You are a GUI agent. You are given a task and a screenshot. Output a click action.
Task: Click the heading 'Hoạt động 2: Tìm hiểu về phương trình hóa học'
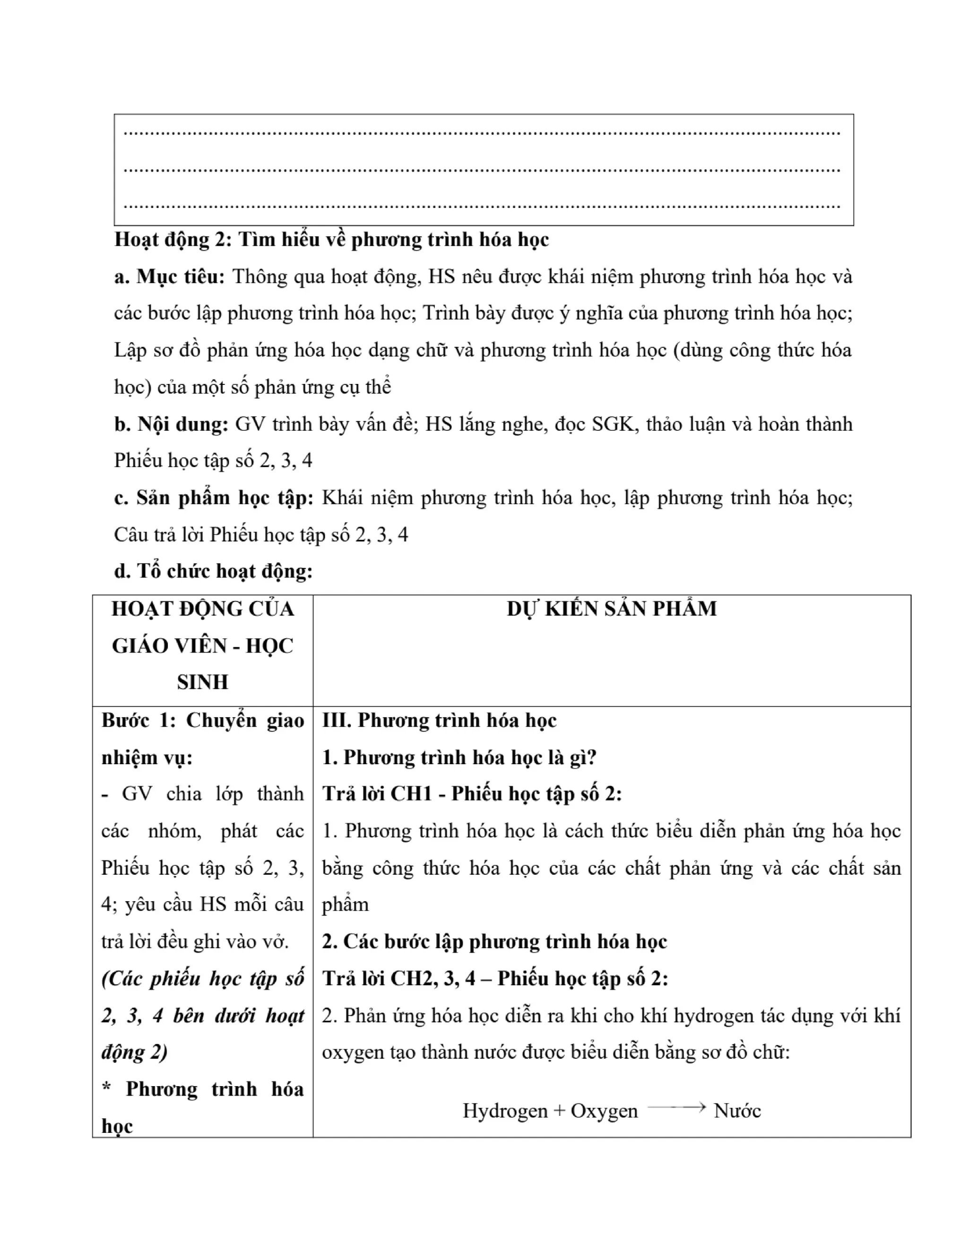coord(331,240)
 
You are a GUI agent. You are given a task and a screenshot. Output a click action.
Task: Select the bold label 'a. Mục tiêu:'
coord(170,277)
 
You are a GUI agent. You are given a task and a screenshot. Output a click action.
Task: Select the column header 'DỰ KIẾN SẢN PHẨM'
coord(611,609)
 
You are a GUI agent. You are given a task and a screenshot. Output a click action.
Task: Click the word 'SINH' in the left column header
coord(202,682)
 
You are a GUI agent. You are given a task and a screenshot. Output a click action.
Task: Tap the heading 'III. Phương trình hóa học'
coord(439,721)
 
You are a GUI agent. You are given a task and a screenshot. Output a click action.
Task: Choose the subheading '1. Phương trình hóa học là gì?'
coord(459,757)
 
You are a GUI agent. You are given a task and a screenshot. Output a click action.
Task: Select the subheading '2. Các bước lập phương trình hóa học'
coord(494,941)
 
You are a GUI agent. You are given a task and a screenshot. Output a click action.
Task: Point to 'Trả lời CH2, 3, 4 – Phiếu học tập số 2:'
coord(495,978)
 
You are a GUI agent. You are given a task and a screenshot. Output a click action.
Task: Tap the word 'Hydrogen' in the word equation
coord(505,1111)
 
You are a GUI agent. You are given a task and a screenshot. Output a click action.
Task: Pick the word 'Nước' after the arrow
coord(737,1111)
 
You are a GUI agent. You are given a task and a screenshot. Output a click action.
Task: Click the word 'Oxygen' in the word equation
coord(604,1111)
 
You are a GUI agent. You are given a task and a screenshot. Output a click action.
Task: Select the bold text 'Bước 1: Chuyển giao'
coord(202,721)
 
